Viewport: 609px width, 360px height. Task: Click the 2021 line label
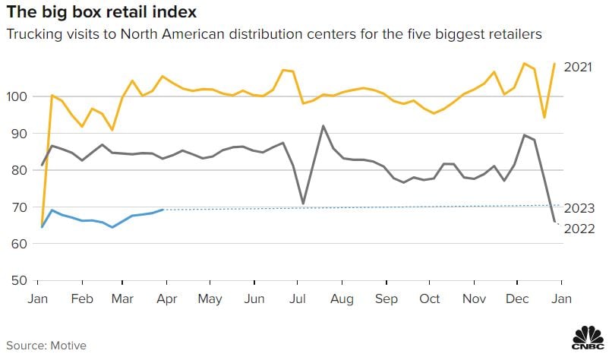[x=579, y=67]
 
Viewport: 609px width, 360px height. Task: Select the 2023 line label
[x=579, y=208]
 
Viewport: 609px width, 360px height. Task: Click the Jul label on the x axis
[x=297, y=299]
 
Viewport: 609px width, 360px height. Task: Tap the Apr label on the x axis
[x=166, y=299]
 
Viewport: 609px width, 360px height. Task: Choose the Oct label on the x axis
[x=430, y=299]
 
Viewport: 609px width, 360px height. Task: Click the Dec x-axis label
[x=518, y=299]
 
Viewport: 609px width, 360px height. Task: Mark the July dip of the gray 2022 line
[x=303, y=204]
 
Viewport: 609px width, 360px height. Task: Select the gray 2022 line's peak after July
[x=323, y=126]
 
